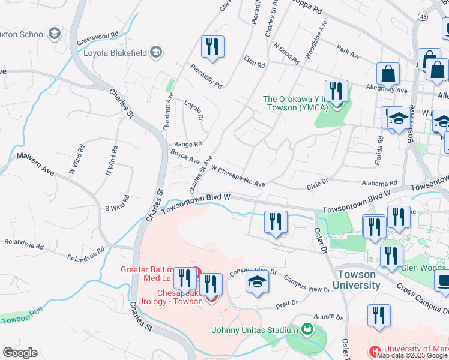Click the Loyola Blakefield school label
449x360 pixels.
tap(115, 52)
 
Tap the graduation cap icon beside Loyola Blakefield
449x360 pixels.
tap(157, 52)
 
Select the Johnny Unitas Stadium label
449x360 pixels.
tap(255, 330)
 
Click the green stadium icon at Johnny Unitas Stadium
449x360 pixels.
tap(307, 329)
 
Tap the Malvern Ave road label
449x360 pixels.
tap(35, 163)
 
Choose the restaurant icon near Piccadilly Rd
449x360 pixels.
tap(212, 47)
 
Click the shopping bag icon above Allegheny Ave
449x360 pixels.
tap(388, 74)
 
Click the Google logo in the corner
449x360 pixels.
tap(20, 353)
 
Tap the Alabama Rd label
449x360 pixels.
tap(379, 183)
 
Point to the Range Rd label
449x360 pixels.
tap(187, 144)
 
